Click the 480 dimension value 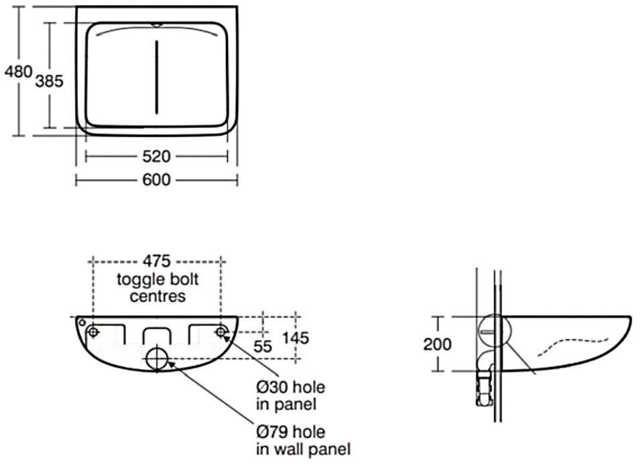17,71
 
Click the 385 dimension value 49,81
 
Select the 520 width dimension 156,156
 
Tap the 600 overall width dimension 156,180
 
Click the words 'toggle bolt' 158,279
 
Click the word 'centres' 158,296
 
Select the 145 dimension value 296,338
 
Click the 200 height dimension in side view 437,344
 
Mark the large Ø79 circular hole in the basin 157,359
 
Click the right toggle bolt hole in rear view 221,331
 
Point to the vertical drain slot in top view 156,76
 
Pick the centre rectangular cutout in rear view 157,333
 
